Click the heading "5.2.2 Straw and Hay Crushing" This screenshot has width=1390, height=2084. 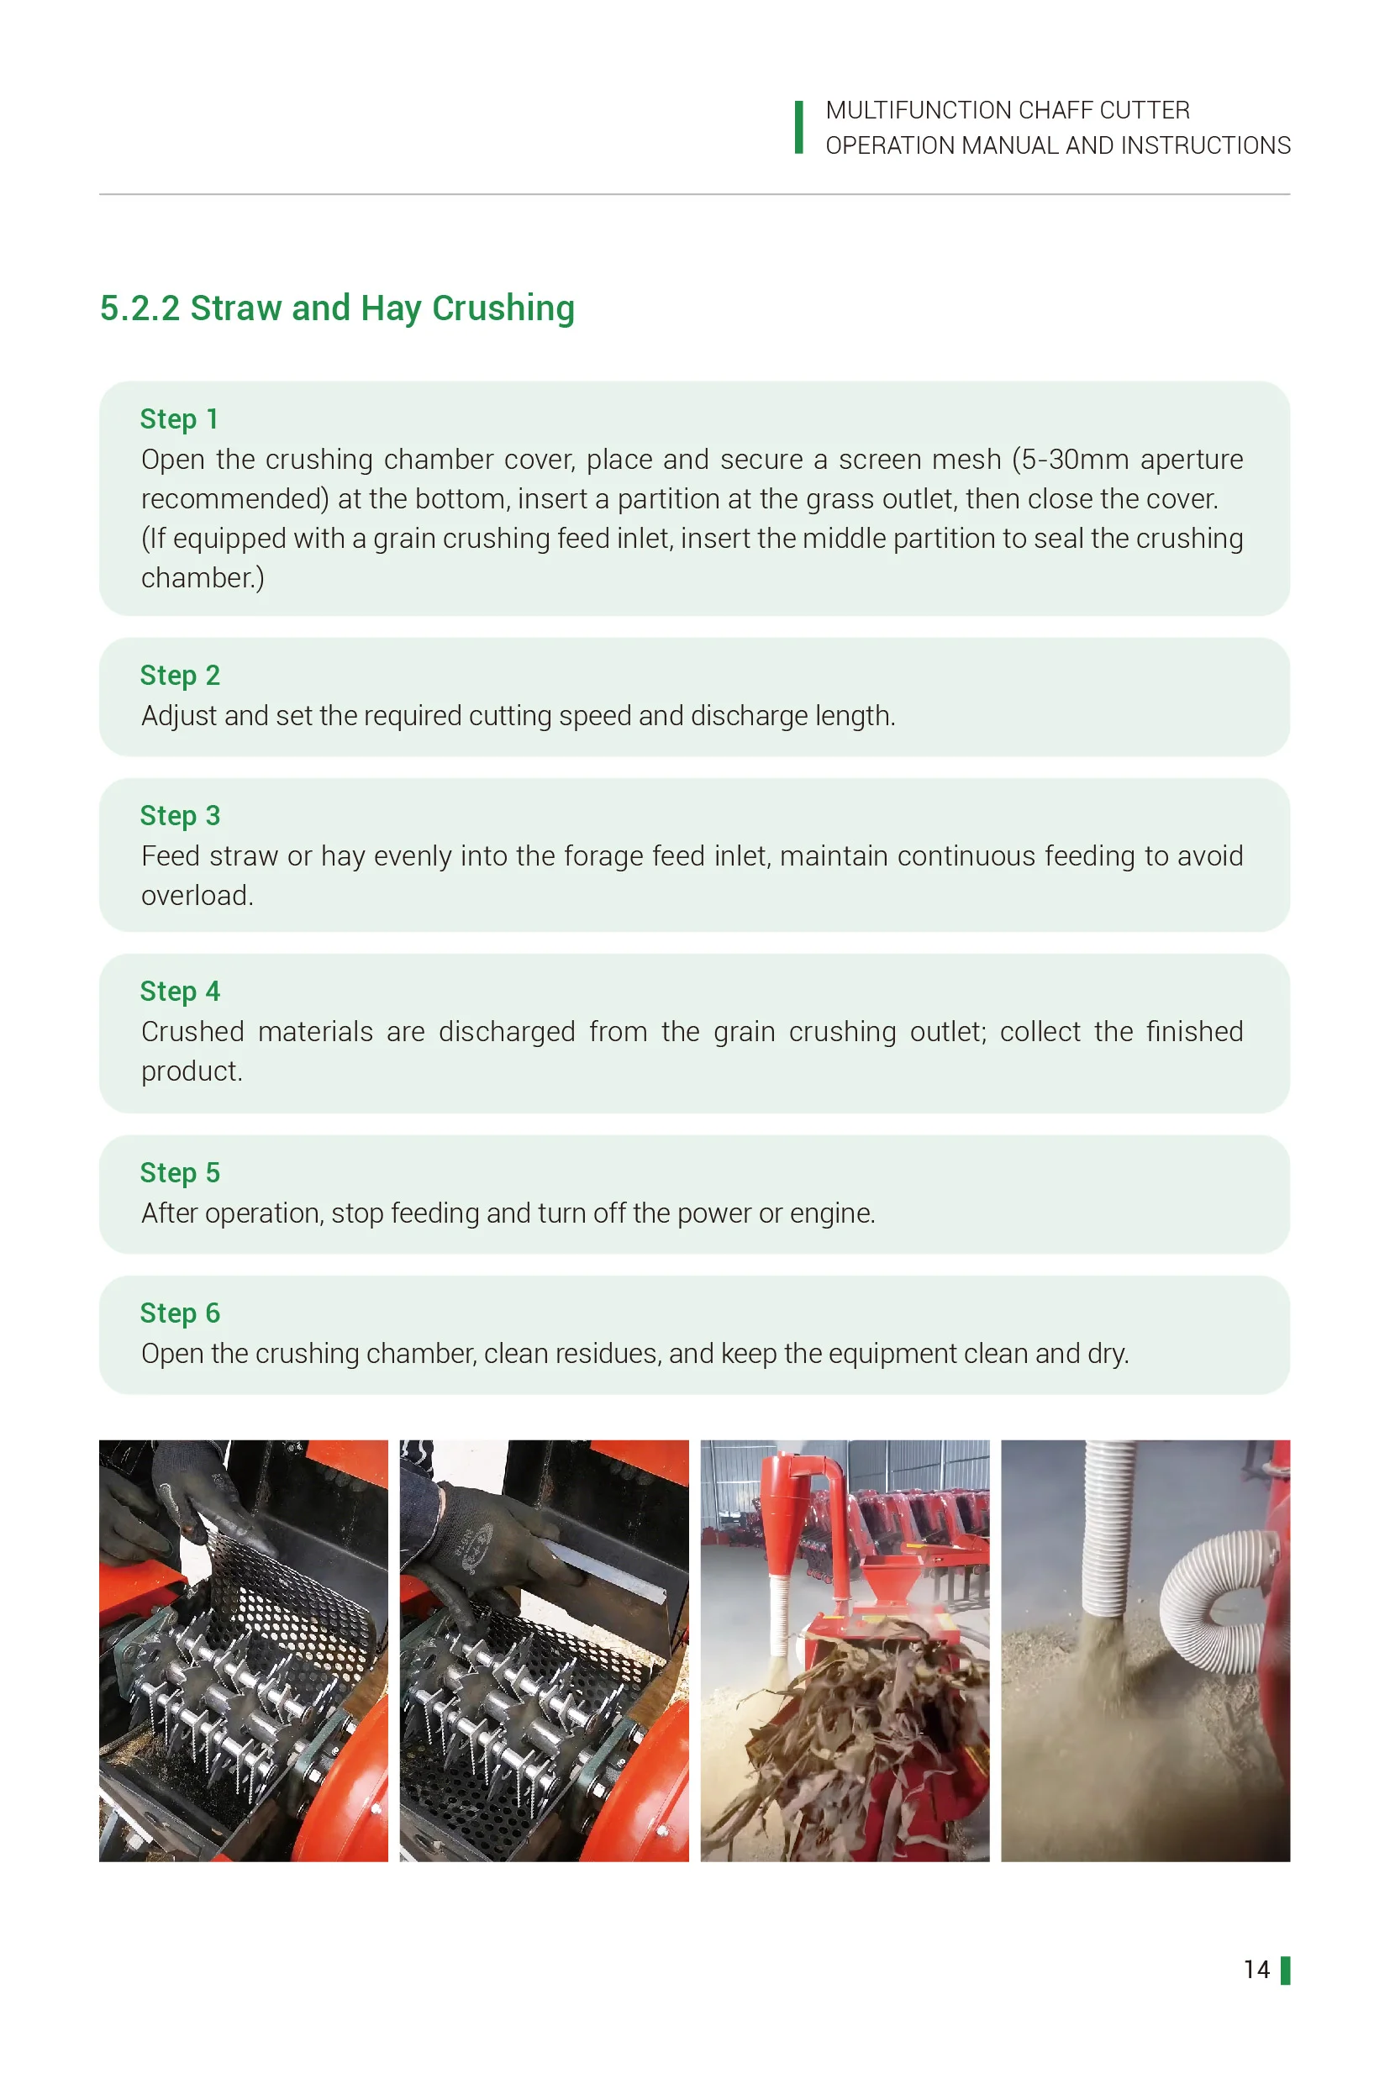coord(337,308)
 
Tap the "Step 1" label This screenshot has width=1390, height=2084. coord(179,419)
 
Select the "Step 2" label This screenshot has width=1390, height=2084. coord(180,676)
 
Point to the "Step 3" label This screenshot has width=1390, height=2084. coord(180,815)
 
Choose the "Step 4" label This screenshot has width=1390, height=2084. coord(180,991)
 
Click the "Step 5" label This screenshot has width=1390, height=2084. coord(180,1173)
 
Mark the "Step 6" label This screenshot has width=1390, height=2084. coord(180,1313)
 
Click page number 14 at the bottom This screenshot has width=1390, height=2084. coord(1256,1970)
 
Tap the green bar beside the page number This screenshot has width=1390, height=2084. coord(1286,1971)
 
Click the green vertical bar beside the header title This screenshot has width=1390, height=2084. coord(798,128)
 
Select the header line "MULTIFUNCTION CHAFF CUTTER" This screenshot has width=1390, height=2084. coord(1007,111)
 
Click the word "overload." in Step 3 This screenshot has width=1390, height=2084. coord(197,895)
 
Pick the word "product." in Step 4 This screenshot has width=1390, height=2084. coord(192,1071)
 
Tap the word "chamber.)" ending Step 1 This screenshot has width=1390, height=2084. coord(203,578)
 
